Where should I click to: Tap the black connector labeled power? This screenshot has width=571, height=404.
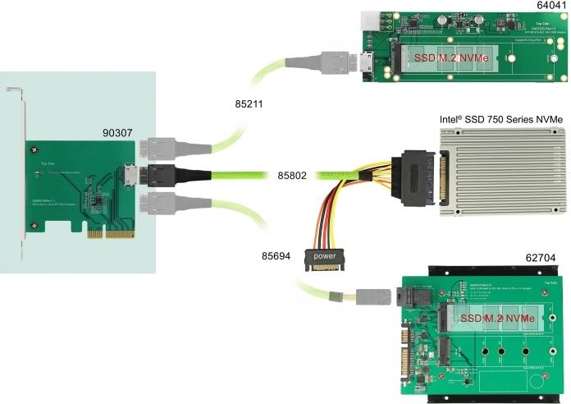[x=325, y=258]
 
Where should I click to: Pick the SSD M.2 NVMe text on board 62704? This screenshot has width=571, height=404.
[x=498, y=318]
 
